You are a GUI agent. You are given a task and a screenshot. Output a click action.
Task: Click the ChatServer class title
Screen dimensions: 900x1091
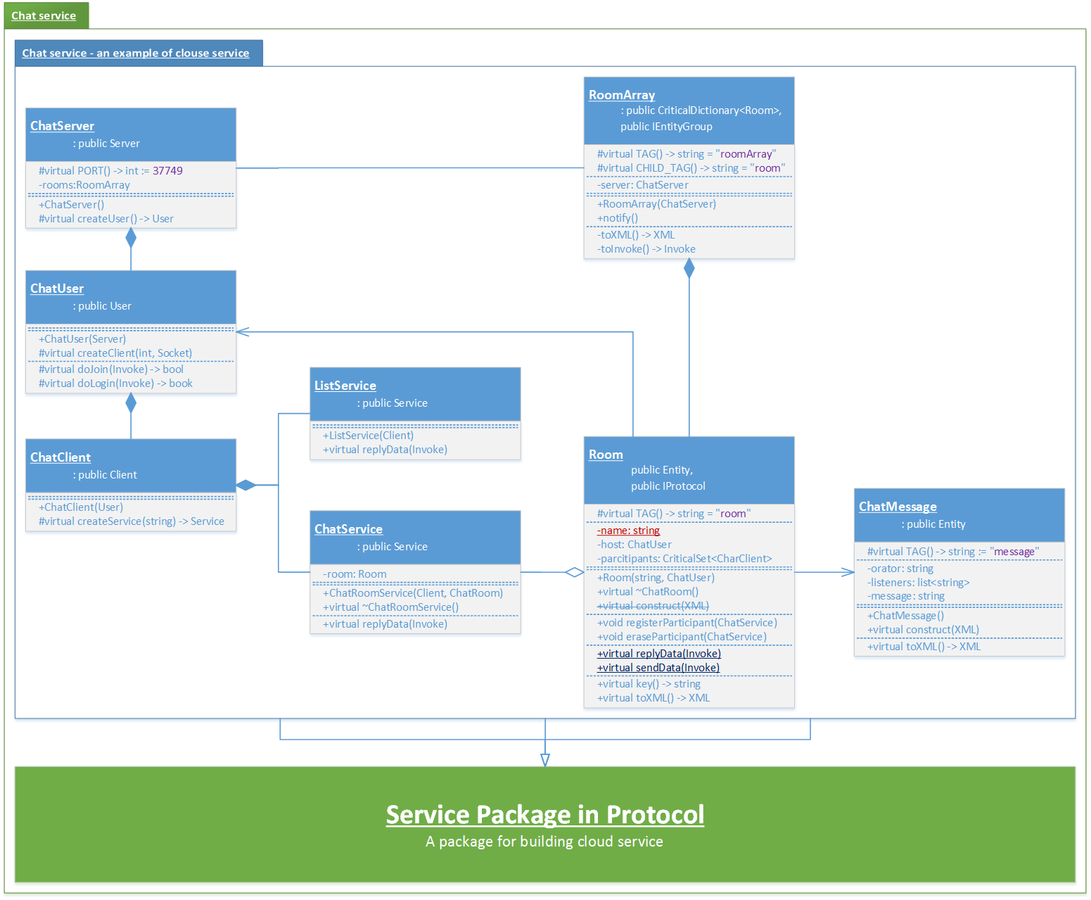pos(62,126)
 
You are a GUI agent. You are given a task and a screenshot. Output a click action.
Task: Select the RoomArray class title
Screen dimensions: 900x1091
pos(622,95)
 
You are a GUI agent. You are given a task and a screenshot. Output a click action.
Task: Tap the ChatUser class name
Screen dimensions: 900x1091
pos(57,289)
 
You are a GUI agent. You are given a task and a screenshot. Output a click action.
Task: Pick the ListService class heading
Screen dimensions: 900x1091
pos(345,386)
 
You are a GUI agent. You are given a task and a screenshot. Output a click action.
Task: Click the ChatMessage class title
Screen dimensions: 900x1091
pos(898,507)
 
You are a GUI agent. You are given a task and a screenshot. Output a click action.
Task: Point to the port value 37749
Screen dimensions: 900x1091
pos(167,171)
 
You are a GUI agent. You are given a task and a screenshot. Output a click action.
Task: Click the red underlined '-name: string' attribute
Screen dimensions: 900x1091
pos(628,531)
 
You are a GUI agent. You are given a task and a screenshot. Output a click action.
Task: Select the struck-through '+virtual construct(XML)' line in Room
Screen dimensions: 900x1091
pos(653,606)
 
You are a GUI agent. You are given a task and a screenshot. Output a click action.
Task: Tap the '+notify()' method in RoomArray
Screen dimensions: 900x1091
pos(618,218)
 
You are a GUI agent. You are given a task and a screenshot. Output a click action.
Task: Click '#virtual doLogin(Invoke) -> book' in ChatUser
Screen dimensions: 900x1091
pos(115,384)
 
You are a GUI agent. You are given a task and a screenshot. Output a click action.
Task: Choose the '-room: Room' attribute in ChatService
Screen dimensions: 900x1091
pos(355,574)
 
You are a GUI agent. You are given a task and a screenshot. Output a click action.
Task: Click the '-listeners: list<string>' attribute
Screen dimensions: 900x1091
pos(918,583)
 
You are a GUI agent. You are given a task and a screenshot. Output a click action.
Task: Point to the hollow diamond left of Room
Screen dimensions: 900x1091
pos(575,572)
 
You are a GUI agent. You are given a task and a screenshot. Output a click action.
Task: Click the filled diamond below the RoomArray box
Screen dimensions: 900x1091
pos(689,268)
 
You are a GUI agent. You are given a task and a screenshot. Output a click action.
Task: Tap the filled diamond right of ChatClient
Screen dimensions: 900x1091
pos(246,485)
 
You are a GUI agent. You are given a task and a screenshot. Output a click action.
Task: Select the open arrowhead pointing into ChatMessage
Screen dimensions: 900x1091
pos(848,572)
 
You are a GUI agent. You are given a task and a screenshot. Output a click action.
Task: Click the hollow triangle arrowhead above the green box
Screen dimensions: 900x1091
pos(545,760)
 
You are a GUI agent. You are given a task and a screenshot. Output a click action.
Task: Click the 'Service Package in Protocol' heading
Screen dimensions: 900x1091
pos(544,815)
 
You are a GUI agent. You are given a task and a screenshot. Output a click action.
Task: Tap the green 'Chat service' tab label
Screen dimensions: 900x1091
pos(44,15)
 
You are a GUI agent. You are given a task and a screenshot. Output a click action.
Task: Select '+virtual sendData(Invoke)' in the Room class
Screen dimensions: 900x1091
pos(658,668)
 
